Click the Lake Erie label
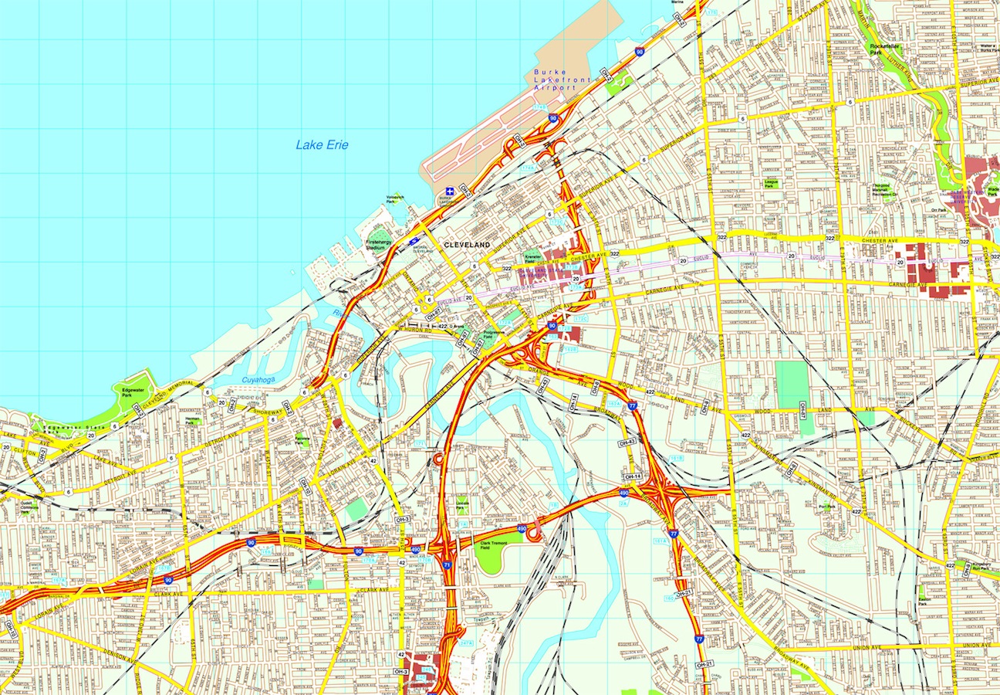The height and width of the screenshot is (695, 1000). [x=322, y=144]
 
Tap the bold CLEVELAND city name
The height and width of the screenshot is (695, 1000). [x=467, y=244]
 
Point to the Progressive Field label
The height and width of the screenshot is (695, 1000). [x=494, y=336]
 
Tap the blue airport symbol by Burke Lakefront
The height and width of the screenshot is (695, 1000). [x=449, y=191]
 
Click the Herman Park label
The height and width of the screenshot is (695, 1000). [x=192, y=422]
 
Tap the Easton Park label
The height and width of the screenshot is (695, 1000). [x=922, y=601]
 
